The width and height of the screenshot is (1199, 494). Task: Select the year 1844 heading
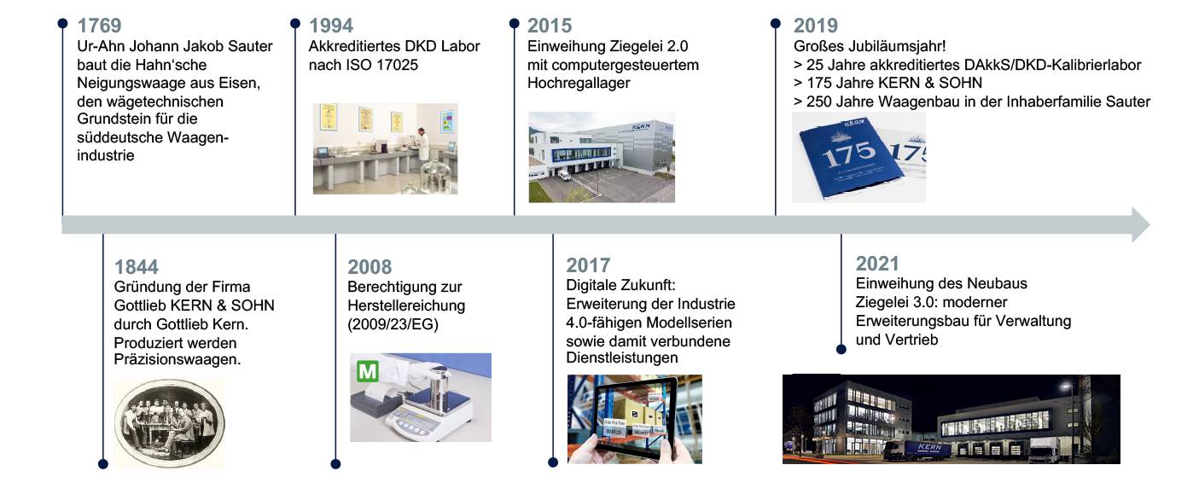(x=137, y=267)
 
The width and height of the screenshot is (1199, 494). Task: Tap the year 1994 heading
(x=330, y=26)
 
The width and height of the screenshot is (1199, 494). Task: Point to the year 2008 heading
(x=370, y=267)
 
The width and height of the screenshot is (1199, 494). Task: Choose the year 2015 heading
(x=550, y=26)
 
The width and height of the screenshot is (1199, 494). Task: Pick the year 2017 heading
(x=589, y=265)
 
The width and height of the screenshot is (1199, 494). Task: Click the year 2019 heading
(x=816, y=26)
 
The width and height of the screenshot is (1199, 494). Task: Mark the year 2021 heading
(x=877, y=264)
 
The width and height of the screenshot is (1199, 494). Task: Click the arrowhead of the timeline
(x=1139, y=224)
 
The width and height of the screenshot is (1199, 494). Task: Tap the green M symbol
(x=368, y=371)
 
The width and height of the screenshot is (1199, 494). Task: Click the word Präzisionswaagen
(x=178, y=361)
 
